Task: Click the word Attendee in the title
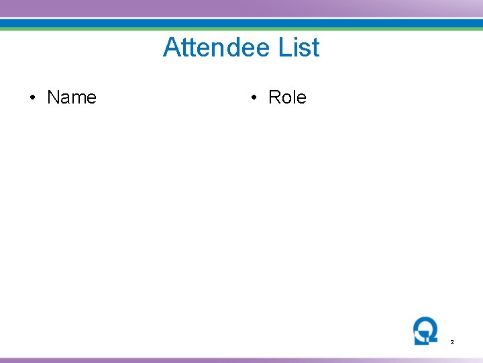215,48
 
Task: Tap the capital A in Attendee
172,48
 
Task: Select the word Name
72,97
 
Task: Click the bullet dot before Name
32,98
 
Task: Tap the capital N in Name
53,97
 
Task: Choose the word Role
287,97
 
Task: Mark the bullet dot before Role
254,98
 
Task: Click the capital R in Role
274,97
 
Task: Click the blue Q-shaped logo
425,330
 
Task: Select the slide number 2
452,343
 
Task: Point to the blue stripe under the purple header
241,23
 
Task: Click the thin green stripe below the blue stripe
241,29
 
